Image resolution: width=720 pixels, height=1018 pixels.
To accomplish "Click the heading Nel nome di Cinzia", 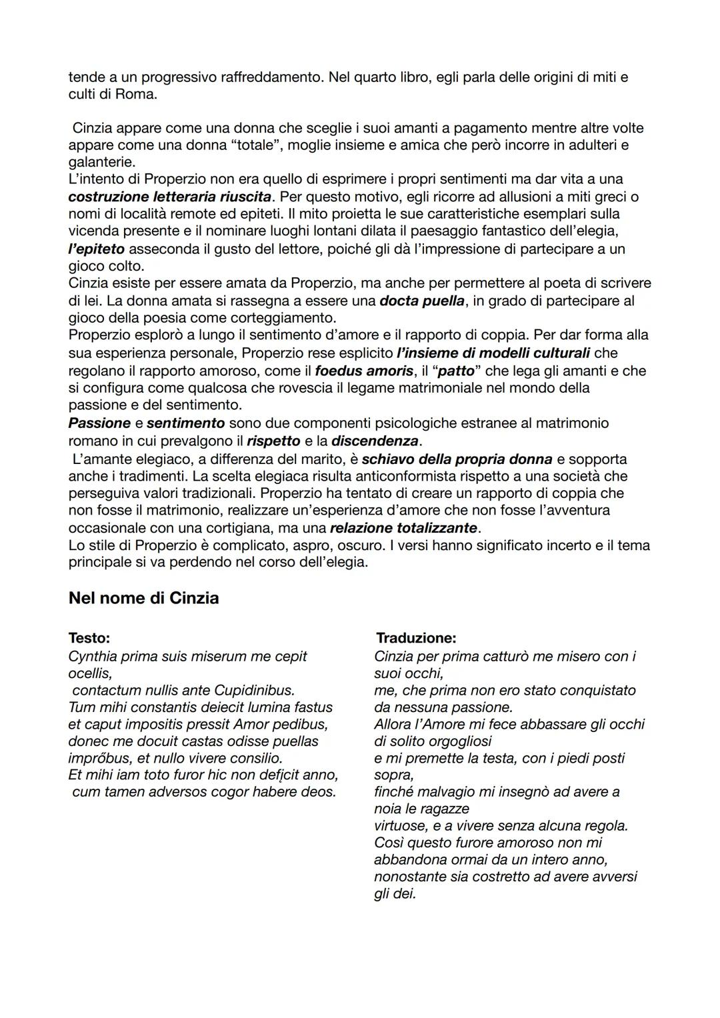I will (x=143, y=598).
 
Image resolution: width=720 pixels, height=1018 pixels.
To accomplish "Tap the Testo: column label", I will (x=89, y=638).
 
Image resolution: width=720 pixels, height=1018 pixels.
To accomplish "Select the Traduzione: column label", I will (x=416, y=638).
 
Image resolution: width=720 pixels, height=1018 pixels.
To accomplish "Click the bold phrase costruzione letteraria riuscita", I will (x=170, y=197).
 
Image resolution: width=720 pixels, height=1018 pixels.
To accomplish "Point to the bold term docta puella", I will (x=422, y=301).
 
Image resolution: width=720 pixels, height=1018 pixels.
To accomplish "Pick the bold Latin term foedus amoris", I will (x=364, y=371).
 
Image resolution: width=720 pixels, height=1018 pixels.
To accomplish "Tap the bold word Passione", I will (x=99, y=423).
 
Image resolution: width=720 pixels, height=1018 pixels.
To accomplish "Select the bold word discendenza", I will (x=375, y=441).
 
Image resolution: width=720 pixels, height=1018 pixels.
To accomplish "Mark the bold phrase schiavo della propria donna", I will (x=457, y=459).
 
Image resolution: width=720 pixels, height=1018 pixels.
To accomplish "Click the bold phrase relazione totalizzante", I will (x=403, y=528).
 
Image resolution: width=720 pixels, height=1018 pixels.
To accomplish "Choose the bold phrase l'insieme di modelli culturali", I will (x=493, y=353).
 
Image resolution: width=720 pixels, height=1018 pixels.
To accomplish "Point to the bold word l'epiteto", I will (x=96, y=249).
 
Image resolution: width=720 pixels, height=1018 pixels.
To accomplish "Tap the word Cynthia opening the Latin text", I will (x=93, y=657).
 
